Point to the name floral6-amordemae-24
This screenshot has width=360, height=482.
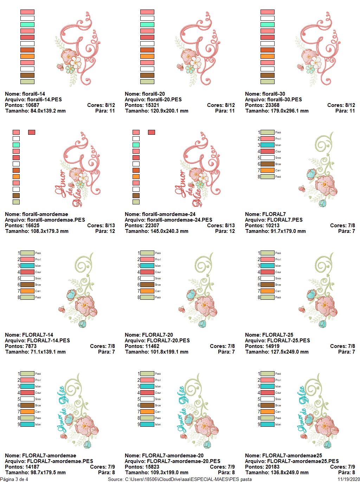pyautogui.click(x=169, y=214)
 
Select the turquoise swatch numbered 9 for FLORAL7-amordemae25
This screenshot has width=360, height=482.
pyautogui.click(x=267, y=424)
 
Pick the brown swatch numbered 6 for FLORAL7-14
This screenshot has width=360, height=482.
pyautogui.click(x=27, y=285)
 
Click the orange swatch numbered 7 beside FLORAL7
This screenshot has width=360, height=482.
pyautogui.click(x=267, y=170)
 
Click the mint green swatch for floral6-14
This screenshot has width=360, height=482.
pyautogui.click(x=27, y=25)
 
